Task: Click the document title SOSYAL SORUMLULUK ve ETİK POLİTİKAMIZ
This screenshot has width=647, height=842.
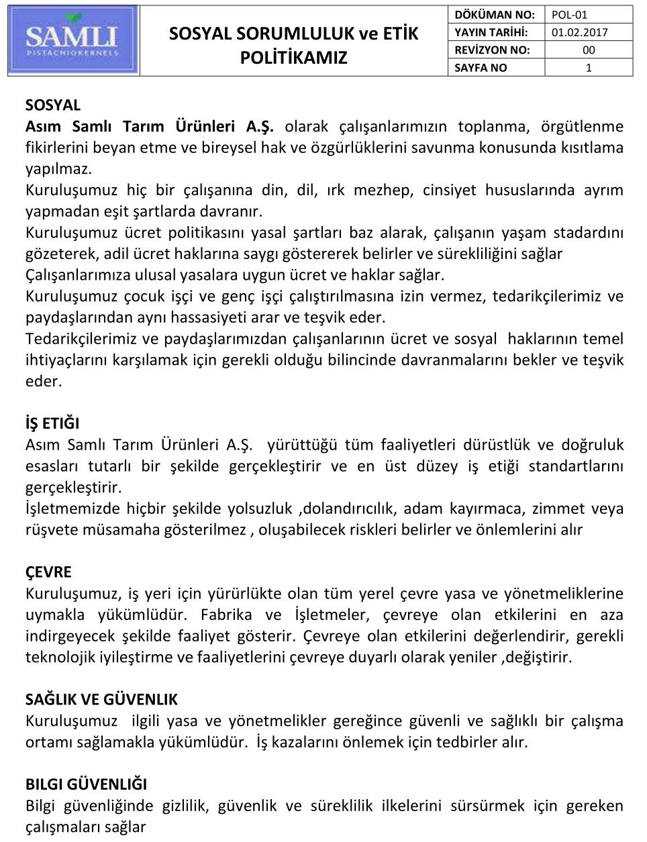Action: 293,45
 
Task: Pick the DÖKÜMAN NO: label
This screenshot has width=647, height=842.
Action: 495,15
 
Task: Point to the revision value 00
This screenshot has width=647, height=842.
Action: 589,50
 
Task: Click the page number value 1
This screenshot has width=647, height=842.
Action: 589,68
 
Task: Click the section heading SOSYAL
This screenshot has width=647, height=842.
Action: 53,105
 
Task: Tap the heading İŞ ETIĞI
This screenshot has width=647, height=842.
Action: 52,423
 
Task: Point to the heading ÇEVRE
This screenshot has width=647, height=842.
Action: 48,572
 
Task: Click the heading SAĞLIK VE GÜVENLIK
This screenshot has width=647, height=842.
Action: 101,700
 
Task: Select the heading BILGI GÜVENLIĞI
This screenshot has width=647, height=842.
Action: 86,784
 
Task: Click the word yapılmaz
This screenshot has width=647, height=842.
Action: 58,168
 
